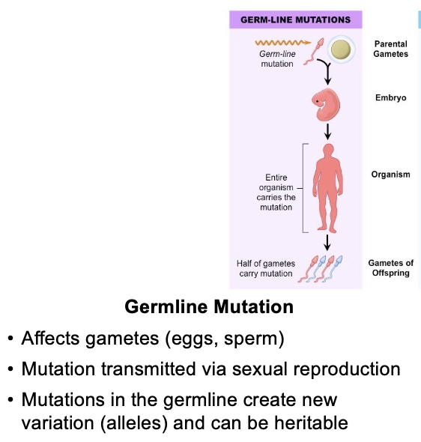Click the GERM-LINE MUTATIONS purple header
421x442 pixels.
[296, 19]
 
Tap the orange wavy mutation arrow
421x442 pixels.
[283, 43]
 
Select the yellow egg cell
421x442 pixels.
[341, 49]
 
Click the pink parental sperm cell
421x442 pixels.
[314, 52]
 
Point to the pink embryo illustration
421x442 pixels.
[326, 105]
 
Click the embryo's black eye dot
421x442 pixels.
[318, 101]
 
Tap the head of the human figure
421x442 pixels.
[328, 150]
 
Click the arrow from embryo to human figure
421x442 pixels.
[327, 131]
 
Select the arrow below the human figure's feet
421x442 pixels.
[327, 243]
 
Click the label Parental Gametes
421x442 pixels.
[390, 49]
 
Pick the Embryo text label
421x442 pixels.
[390, 97]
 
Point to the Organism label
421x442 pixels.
[390, 175]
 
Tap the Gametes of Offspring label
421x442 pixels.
[390, 267]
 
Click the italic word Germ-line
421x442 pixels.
[277, 54]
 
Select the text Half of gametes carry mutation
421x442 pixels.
[266, 268]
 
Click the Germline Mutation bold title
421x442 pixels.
[209, 306]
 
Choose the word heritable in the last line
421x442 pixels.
[311, 423]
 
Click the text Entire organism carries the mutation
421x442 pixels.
[276, 193]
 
